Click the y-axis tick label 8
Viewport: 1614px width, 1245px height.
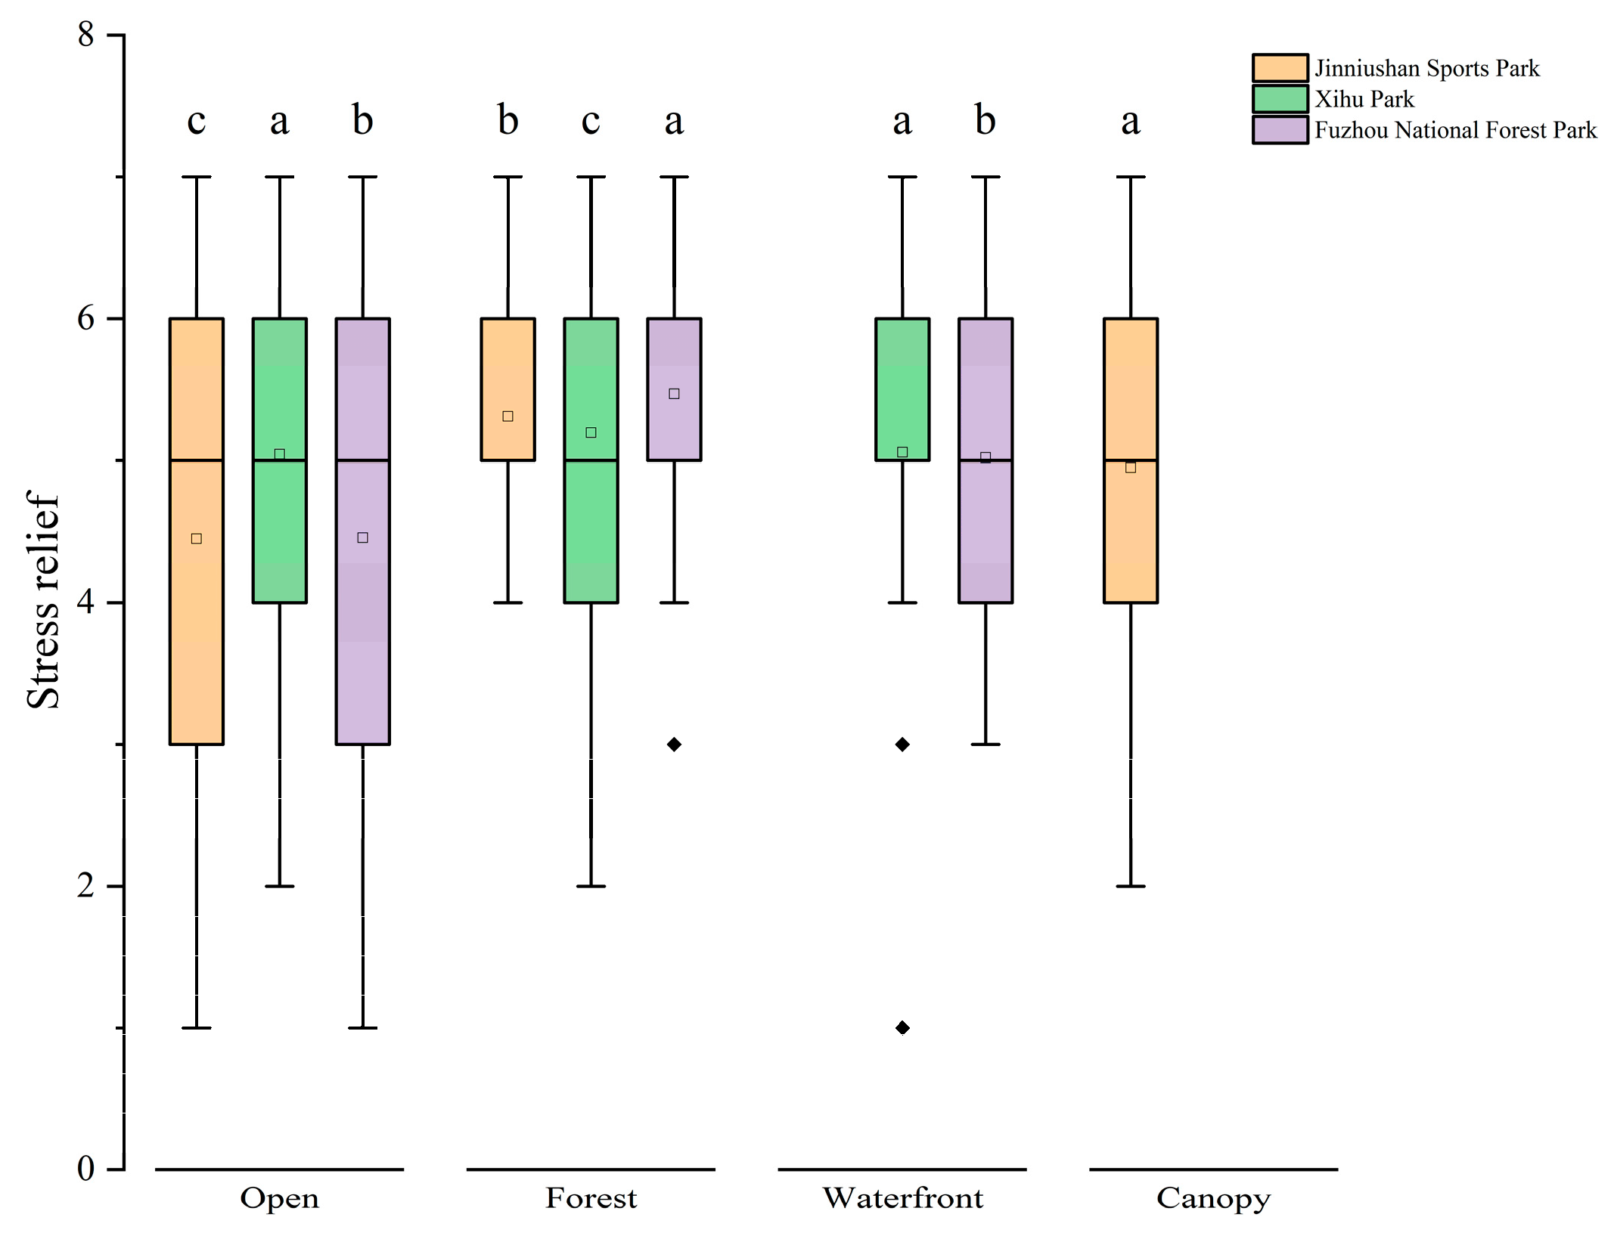(85, 35)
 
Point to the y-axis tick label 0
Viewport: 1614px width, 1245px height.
(85, 1169)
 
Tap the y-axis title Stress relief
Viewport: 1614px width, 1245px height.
(43, 600)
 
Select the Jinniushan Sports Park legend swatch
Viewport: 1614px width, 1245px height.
(1280, 68)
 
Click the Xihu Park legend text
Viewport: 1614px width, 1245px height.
(1364, 99)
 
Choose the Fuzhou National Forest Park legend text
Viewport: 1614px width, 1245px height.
(1455, 130)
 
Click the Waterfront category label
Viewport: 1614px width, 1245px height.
(902, 1199)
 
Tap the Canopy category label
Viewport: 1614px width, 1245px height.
(1213, 1199)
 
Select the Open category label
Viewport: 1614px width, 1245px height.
(279, 1199)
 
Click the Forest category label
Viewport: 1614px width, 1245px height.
(591, 1199)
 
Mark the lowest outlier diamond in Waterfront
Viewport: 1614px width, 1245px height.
(902, 1028)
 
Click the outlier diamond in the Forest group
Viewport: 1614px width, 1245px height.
(674, 745)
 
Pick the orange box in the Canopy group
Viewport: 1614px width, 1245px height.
(1131, 529)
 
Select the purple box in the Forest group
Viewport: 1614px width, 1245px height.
(674, 363)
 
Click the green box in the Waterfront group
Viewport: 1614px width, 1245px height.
(902, 378)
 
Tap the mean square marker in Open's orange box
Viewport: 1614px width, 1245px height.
(197, 539)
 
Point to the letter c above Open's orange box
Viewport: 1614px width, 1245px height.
(197, 121)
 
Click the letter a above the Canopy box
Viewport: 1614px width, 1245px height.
(1131, 121)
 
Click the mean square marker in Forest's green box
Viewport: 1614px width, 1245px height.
(591, 433)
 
